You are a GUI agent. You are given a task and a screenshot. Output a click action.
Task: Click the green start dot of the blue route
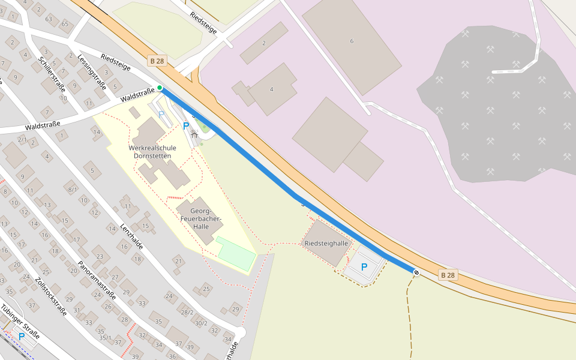[160, 88]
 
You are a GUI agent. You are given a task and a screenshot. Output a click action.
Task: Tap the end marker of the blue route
[416, 272]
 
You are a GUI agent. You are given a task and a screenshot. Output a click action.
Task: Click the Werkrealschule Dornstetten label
[152, 152]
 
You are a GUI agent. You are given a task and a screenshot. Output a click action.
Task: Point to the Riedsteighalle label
[326, 244]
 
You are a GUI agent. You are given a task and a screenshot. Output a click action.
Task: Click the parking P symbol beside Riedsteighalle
[364, 267]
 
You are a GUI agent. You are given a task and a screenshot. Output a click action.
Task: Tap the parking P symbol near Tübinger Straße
[22, 337]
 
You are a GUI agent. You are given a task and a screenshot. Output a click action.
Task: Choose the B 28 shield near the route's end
[448, 275]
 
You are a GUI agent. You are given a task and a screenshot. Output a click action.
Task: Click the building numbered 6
[352, 41]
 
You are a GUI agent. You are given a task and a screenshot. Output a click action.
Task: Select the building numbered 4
[272, 89]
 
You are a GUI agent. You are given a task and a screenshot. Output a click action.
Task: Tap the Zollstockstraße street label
[50, 296]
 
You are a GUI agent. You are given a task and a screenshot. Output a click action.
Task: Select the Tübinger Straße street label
[20, 322]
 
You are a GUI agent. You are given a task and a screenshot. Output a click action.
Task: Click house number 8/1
[73, 190]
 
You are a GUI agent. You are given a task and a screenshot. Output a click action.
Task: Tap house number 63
[49, 19]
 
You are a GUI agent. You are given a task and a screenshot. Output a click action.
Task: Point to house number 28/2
[188, 312]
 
